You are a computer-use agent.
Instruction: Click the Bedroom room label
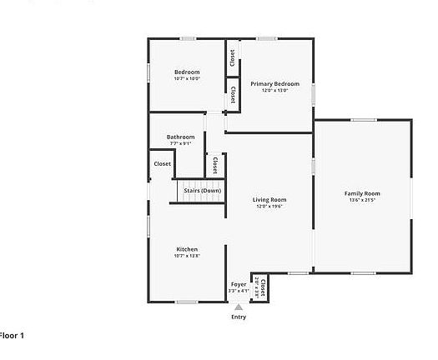pos(187,72)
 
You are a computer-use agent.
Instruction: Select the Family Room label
pos(362,193)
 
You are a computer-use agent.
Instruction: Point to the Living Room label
pos(269,200)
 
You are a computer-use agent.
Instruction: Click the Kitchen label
pos(187,249)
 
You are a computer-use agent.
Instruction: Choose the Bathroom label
pos(180,137)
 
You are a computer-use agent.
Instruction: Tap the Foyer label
pos(239,284)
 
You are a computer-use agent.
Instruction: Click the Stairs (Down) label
pos(202,191)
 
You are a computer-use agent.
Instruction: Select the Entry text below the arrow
pos(239,317)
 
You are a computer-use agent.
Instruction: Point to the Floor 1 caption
pos(12,335)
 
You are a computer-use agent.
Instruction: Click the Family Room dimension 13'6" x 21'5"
pos(362,200)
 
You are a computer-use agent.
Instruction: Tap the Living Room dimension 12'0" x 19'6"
pos(269,207)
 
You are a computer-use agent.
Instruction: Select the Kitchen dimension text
pos(187,256)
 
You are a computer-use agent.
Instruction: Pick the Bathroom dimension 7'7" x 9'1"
pos(180,143)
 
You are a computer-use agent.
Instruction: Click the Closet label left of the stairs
pos(162,164)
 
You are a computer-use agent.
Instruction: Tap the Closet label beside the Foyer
pos(263,288)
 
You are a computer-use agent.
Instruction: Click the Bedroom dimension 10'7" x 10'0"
pos(187,79)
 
